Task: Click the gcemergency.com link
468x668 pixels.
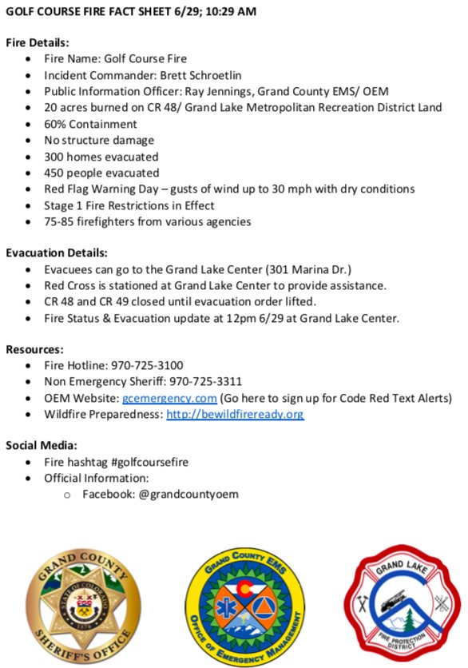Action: [x=169, y=398]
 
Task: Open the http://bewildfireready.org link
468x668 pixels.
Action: [x=235, y=414]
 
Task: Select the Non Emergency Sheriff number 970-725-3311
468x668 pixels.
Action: [x=206, y=382]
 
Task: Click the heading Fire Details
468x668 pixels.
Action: [x=38, y=42]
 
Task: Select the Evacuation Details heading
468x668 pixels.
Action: [x=57, y=253]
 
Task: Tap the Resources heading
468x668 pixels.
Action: [x=34, y=349]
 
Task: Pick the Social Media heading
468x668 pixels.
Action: [x=42, y=445]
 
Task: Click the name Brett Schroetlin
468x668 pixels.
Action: [x=196, y=75]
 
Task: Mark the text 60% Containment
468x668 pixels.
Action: [x=91, y=124]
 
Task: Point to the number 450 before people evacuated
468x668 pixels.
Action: [x=55, y=173]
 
